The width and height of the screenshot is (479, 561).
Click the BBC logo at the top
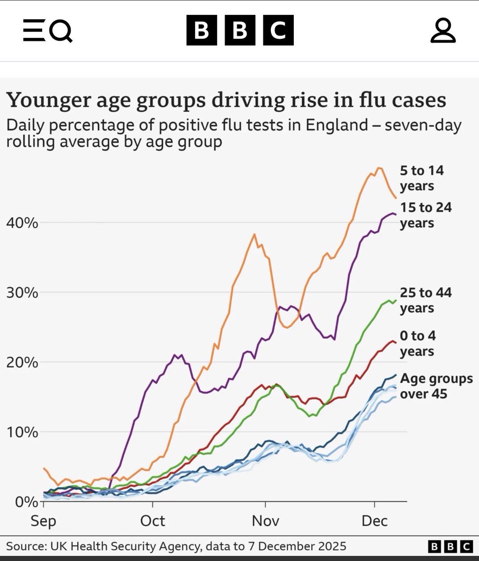click(240, 30)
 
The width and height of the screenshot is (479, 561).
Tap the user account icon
click(443, 31)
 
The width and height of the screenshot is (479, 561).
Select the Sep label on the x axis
click(43, 521)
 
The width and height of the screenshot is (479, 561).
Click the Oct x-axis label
click(152, 521)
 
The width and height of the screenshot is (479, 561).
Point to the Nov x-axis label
click(265, 521)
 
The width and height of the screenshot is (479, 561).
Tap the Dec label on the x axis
click(375, 521)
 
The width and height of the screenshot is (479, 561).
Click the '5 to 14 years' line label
click(421, 178)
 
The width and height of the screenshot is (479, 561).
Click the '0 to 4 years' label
click(417, 343)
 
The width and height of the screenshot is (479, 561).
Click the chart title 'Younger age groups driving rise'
click(225, 100)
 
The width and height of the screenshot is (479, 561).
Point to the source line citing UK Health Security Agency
click(176, 546)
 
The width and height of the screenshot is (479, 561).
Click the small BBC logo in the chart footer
click(450, 546)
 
